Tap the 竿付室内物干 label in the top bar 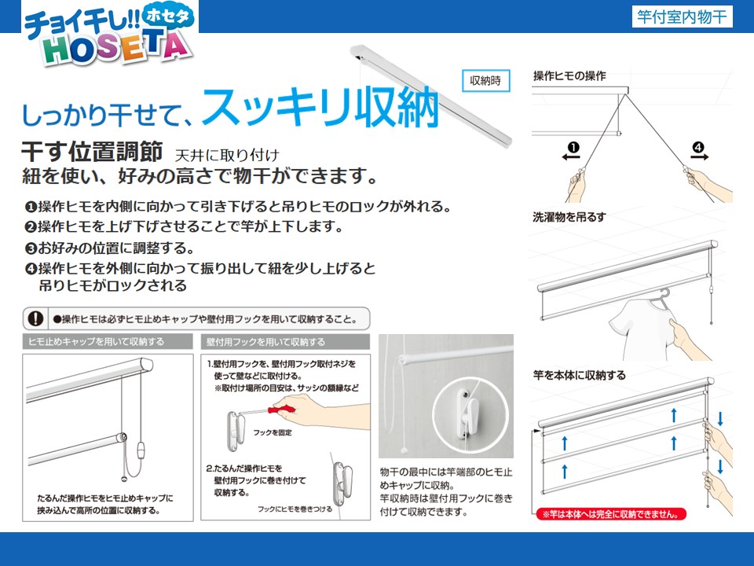tap(682, 17)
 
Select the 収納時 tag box tap(485, 80)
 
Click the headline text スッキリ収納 tap(320, 108)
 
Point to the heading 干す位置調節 tap(93, 152)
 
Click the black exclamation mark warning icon tap(35, 318)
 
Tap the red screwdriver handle tap(281, 410)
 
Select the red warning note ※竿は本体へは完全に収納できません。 tap(611, 514)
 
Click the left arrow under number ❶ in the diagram tap(571, 156)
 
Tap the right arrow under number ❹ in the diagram tap(699, 156)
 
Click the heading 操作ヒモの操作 tap(569, 76)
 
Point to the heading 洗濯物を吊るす tap(569, 217)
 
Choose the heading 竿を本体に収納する tap(580, 375)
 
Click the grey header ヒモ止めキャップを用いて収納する tap(96, 342)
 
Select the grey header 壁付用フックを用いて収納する tap(265, 342)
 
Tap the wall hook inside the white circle tap(467, 413)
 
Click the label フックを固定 tap(273, 432)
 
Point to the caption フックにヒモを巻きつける tap(295, 509)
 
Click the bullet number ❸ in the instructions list tap(31, 248)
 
